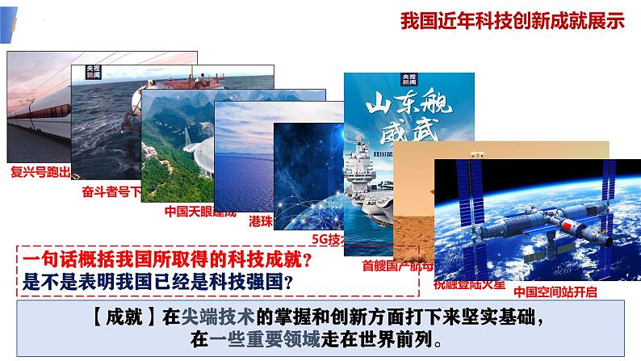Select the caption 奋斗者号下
111,192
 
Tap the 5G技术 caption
327,239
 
